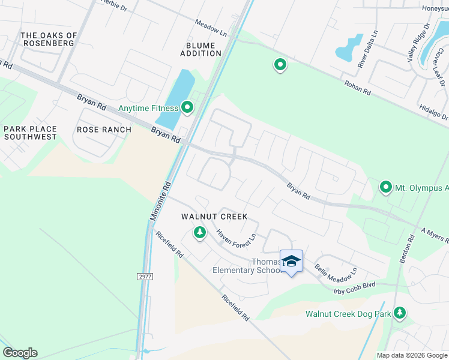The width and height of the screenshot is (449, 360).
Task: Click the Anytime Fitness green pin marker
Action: (x=187, y=108)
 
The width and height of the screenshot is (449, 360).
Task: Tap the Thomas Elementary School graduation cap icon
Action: (x=291, y=261)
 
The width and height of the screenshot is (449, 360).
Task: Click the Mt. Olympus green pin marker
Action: (x=385, y=188)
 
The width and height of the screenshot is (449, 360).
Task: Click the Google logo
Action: (x=20, y=353)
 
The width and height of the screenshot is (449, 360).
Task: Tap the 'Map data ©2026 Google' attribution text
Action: (x=412, y=355)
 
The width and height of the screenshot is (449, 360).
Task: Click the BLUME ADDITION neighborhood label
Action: (x=200, y=49)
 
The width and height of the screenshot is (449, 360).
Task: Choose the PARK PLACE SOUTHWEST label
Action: (x=30, y=133)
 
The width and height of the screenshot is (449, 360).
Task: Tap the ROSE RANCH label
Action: (x=104, y=130)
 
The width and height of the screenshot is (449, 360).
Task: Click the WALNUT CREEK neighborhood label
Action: (x=214, y=216)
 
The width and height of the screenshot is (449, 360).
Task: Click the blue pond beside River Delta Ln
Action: (x=348, y=48)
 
